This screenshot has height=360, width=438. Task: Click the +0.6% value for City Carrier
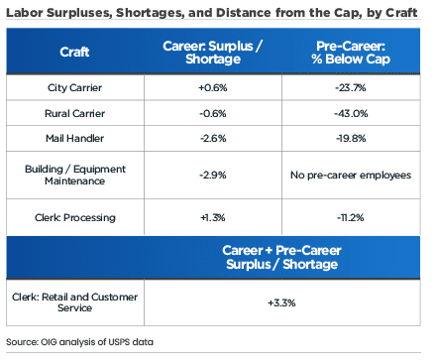click(213, 87)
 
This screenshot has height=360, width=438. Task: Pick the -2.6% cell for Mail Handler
click(213, 137)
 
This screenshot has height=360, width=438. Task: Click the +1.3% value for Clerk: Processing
click(213, 215)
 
